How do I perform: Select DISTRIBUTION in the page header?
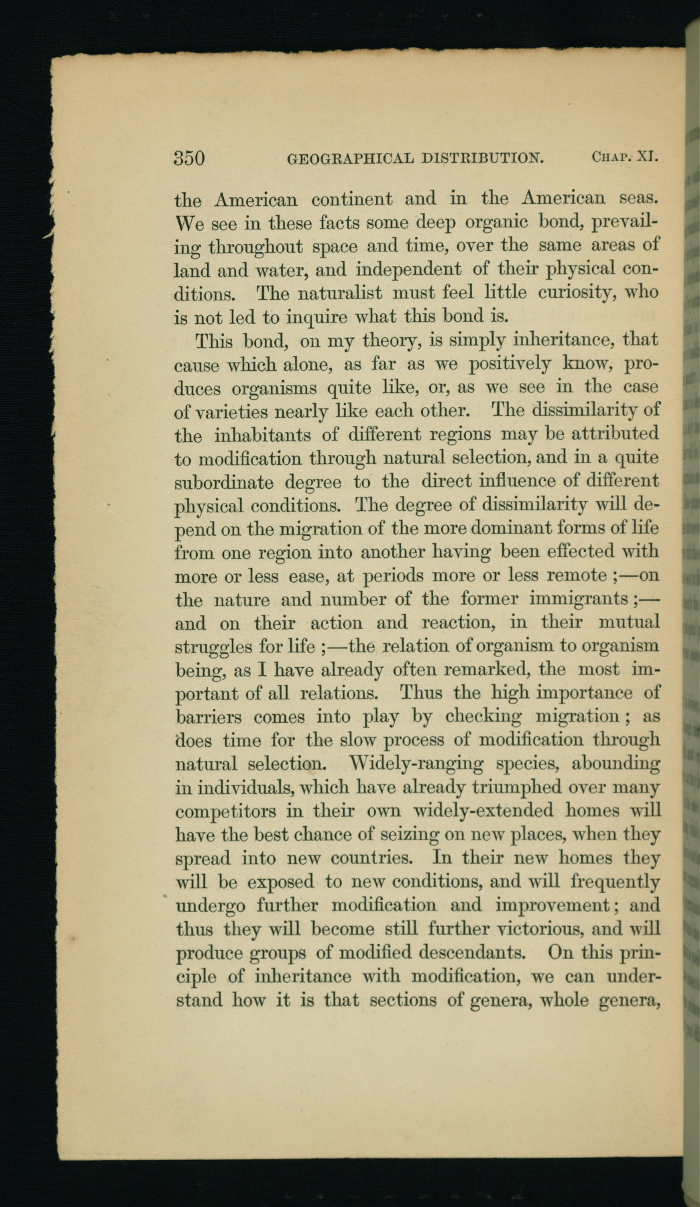click(x=483, y=159)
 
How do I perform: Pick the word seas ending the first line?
click(x=639, y=199)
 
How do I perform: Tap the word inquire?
click(x=292, y=317)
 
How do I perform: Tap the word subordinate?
click(x=223, y=482)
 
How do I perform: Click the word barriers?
click(x=209, y=716)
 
